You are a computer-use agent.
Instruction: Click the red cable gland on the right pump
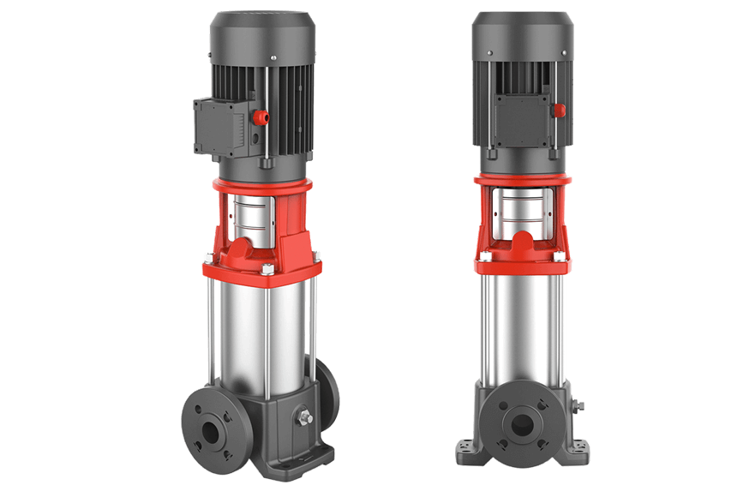coord(559,111)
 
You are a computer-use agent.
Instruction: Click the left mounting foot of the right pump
coord(468,449)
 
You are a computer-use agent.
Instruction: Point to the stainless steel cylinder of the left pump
coord(257,334)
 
